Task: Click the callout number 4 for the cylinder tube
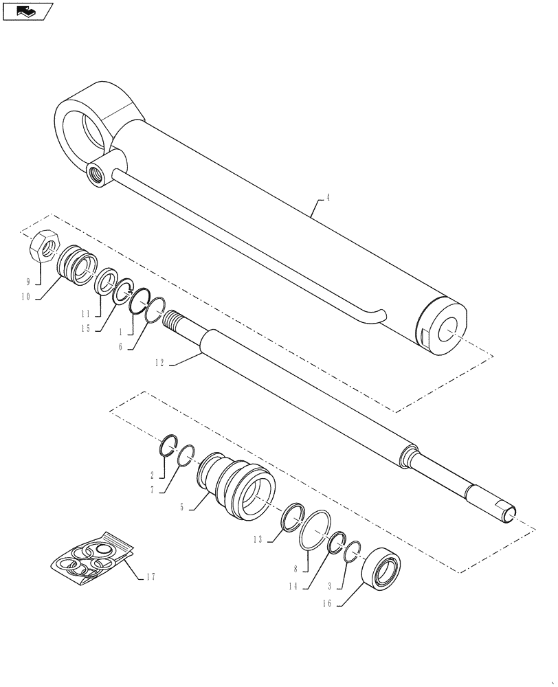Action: (328, 198)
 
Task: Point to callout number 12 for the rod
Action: (159, 363)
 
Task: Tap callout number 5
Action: (181, 508)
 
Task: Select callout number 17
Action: (150, 577)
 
